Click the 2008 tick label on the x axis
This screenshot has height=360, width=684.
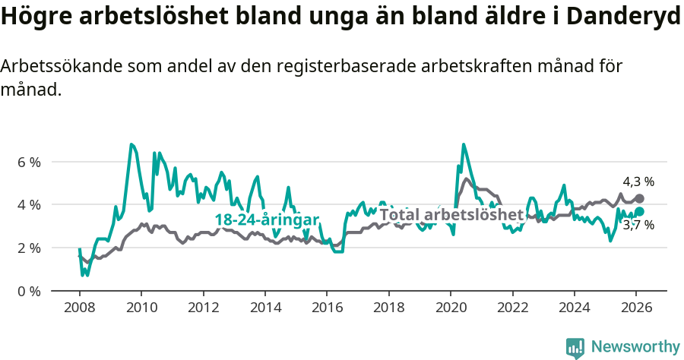[x=79, y=307]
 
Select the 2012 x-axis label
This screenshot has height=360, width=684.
[x=203, y=307]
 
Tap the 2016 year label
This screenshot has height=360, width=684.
[x=327, y=307]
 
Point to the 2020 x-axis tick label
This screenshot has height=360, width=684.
[x=451, y=307]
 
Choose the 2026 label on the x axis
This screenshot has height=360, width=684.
[x=636, y=307]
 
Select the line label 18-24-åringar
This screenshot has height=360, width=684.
[x=267, y=219]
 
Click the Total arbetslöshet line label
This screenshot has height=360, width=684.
[x=451, y=214]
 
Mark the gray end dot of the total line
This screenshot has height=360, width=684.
[x=640, y=198]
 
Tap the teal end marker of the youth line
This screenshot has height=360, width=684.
[x=640, y=211]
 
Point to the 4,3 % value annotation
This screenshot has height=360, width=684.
[x=638, y=182]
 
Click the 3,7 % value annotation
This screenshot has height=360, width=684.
[x=638, y=226]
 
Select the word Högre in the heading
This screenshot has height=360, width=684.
[x=33, y=17]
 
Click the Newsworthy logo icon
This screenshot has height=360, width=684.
[x=575, y=347]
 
